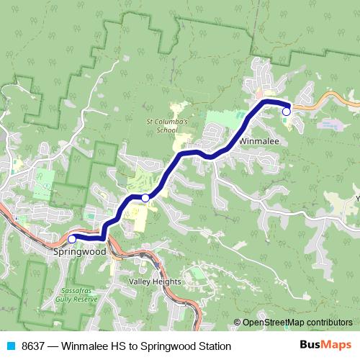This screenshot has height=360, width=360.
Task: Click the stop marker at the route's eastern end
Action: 286,112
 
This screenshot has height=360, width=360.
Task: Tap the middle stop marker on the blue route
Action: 145,197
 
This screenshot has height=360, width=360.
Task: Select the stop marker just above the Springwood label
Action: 71,238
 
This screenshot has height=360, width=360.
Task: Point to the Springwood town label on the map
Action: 80,253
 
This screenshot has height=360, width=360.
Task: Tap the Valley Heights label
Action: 155,282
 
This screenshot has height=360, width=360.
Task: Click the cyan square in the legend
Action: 10,346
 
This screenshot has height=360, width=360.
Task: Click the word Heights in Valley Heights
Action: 166,282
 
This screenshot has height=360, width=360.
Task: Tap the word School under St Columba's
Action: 166,130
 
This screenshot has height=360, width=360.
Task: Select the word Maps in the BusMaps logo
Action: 336,346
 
